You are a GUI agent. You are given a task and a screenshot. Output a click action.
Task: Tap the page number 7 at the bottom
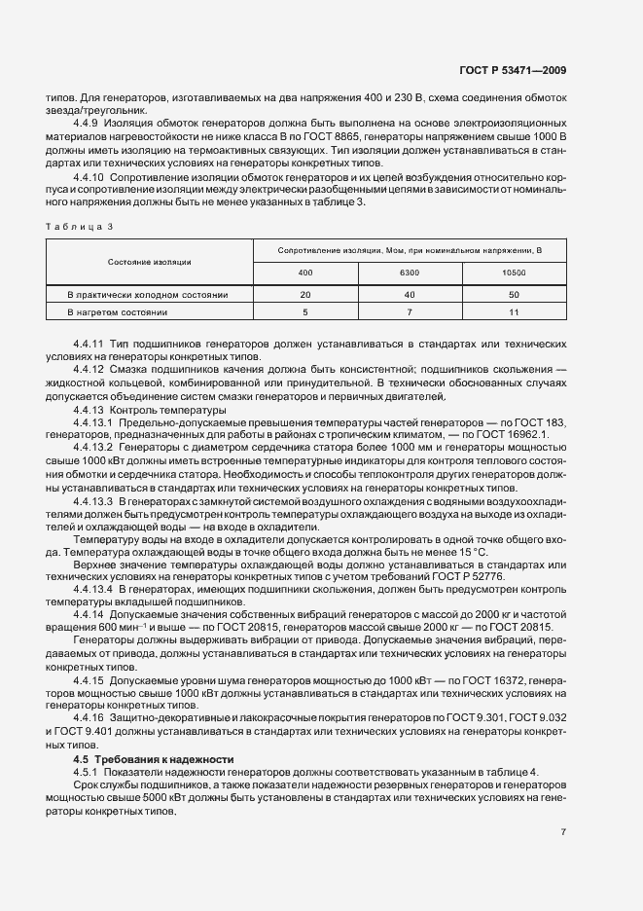563,831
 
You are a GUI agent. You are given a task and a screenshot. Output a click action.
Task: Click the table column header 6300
410,273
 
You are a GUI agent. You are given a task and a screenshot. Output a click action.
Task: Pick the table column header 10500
514,273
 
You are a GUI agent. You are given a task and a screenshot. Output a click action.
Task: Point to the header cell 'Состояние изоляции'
150,262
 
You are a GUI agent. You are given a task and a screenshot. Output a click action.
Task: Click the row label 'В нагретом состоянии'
118,312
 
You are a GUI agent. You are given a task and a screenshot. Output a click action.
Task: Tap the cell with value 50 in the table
514,293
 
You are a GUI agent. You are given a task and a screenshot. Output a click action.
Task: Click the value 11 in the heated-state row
514,312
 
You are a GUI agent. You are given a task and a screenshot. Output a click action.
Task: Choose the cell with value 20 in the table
305,293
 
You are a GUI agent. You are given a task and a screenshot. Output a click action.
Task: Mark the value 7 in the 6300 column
410,312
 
